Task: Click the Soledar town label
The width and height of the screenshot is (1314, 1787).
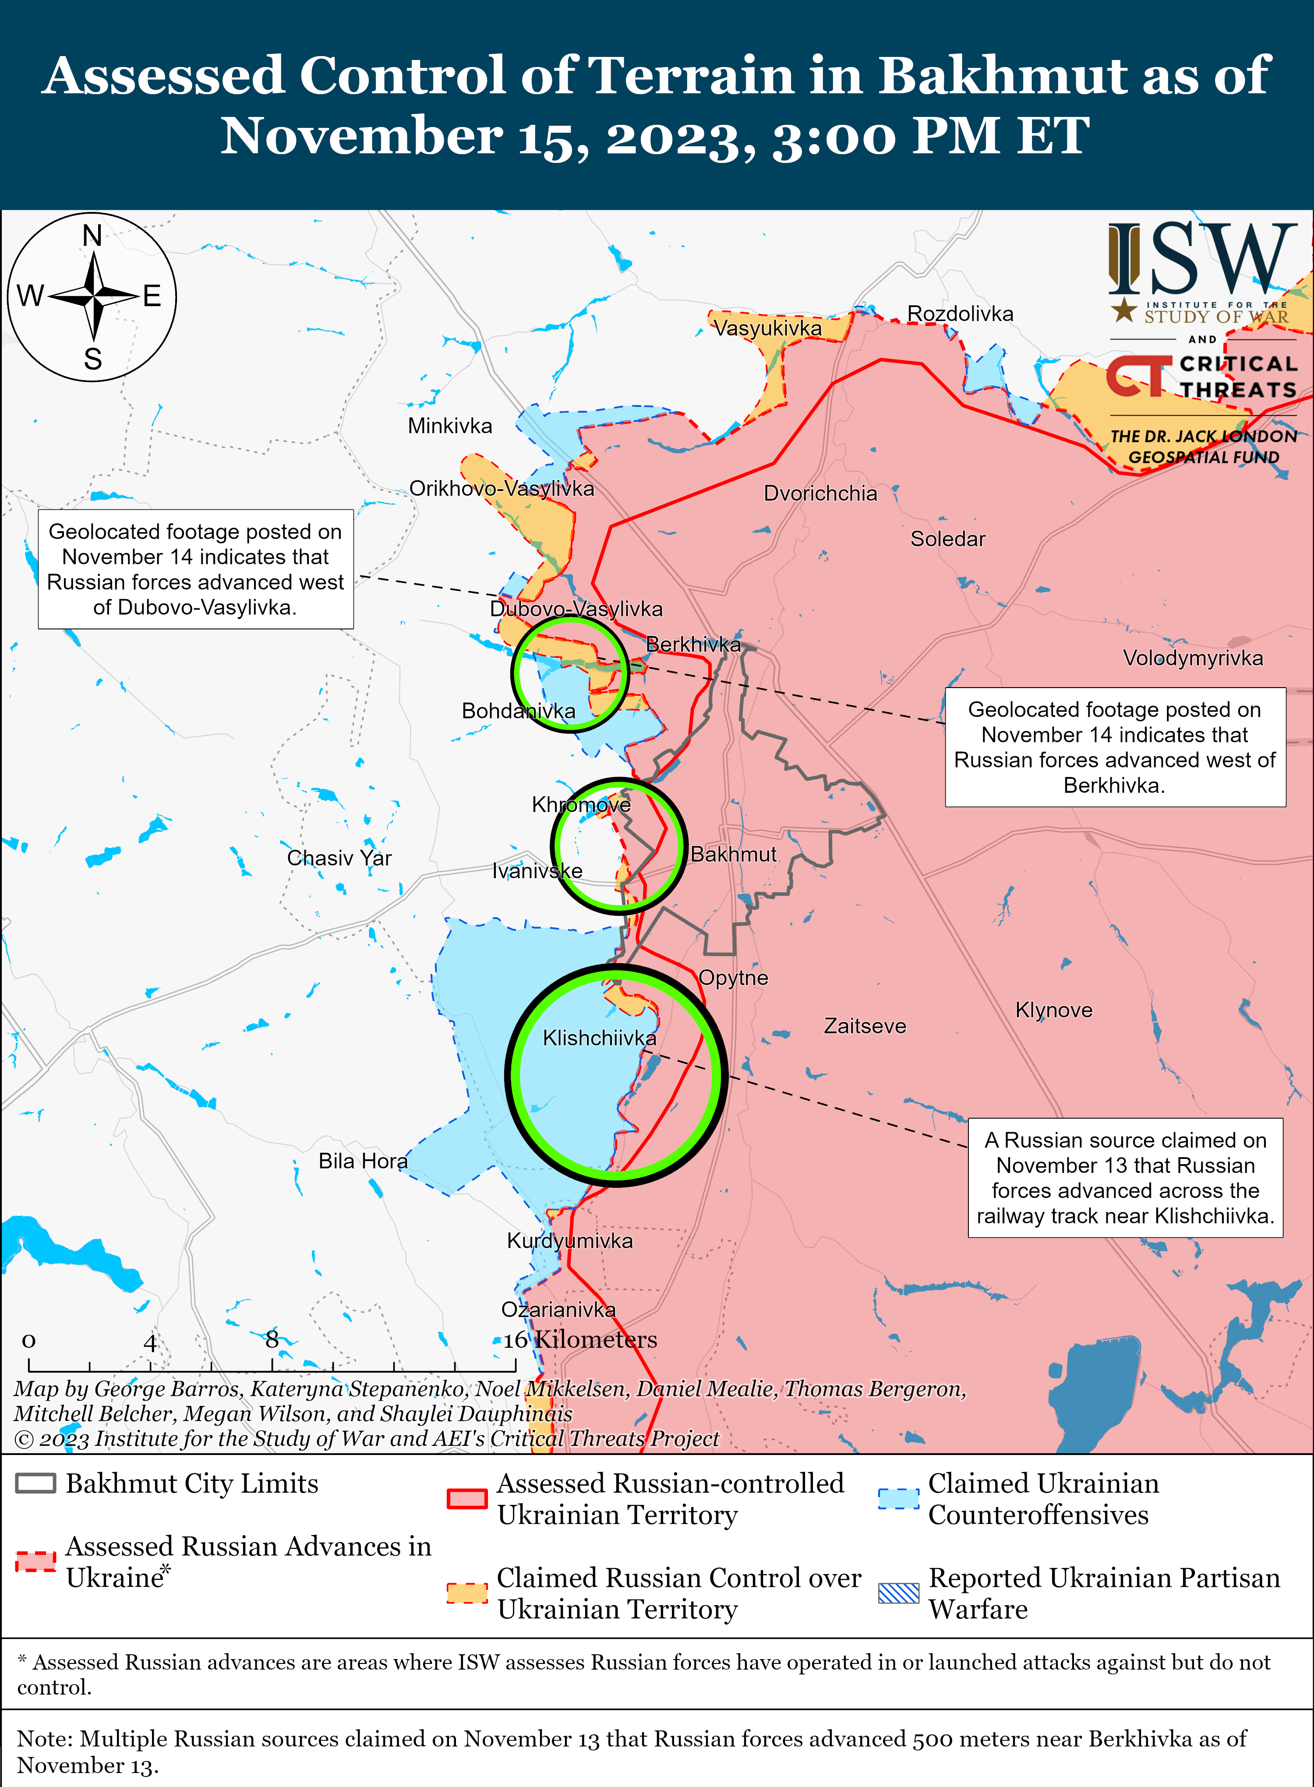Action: pyautogui.click(x=947, y=539)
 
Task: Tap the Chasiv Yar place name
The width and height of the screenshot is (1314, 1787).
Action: pyautogui.click(x=339, y=858)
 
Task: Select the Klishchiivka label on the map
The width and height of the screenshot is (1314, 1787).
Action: pyautogui.click(x=599, y=1038)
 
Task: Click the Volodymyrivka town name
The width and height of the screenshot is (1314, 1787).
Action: pyautogui.click(x=1192, y=658)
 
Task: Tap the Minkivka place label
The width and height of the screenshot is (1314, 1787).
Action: pyautogui.click(x=449, y=426)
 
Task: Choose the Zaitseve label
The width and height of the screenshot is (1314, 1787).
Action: pyautogui.click(x=865, y=1026)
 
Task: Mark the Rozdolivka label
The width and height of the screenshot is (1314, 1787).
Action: pyautogui.click(x=960, y=314)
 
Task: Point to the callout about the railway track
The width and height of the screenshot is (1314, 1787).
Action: pyautogui.click(x=1125, y=1178)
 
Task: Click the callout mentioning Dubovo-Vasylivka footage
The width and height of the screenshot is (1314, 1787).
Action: pyautogui.click(x=196, y=569)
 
